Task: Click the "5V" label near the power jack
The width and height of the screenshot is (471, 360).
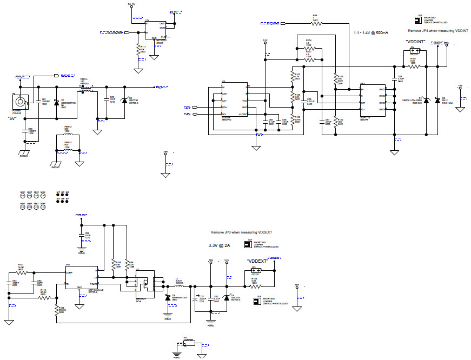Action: point(12,118)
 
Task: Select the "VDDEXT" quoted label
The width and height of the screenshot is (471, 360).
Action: point(257,261)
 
